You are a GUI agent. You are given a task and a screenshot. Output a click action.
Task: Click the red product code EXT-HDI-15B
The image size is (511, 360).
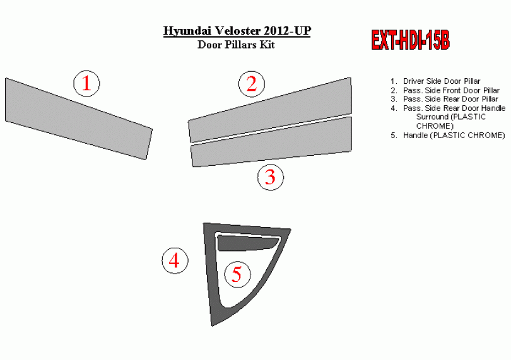tap(410, 40)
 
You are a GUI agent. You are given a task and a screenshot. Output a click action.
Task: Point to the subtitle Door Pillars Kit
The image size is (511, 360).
tap(237, 44)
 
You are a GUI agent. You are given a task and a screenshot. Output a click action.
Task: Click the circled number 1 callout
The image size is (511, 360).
tap(86, 83)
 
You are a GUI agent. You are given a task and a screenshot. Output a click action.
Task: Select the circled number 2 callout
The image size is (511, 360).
tap(252, 84)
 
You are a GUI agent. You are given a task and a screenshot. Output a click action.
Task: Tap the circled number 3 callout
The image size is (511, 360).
tap(271, 177)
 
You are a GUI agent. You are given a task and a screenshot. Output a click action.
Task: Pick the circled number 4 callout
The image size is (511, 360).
tap(175, 260)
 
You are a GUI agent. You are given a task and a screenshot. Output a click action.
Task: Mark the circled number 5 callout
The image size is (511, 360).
tap(237, 274)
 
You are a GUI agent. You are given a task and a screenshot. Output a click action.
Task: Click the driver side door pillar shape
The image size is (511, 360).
tap(78, 119)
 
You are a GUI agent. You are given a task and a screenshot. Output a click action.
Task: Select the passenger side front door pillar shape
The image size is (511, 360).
tap(271, 111)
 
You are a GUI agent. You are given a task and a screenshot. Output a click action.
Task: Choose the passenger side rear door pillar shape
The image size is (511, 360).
tap(272, 142)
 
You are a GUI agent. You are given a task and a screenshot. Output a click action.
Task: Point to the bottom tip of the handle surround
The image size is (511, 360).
tap(212, 326)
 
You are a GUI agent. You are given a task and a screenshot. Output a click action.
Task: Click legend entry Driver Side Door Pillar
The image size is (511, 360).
tap(442, 81)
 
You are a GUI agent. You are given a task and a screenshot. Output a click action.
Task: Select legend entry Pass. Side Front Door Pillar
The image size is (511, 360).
tap(451, 90)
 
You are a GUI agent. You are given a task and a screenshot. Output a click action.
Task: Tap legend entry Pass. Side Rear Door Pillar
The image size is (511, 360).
tap(450, 99)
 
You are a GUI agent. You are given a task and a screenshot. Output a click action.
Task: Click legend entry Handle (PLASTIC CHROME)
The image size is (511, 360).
tap(454, 135)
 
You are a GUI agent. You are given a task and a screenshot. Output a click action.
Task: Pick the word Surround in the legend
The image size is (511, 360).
tap(432, 117)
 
